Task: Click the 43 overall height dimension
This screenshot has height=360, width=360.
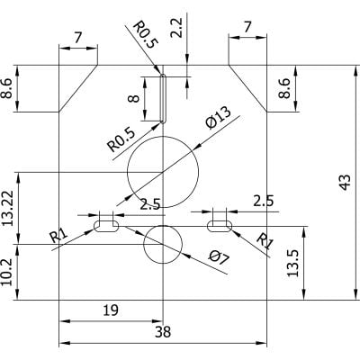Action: pos(343,182)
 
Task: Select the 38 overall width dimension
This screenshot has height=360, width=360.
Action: pos(162,332)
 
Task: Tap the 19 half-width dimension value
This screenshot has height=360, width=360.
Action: pos(109,310)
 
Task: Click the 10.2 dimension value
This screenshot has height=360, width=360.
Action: pos(9,273)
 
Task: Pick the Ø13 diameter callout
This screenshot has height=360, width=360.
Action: pos(219,118)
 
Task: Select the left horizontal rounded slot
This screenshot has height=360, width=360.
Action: pos(106,227)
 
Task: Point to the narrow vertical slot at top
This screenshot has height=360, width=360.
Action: pos(163,97)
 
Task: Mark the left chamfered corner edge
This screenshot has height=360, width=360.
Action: pos(77,89)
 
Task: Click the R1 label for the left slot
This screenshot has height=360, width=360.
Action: pos(58,236)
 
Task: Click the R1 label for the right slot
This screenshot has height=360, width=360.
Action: pos(265,240)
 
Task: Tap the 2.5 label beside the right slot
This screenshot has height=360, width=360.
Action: pos(264,201)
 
